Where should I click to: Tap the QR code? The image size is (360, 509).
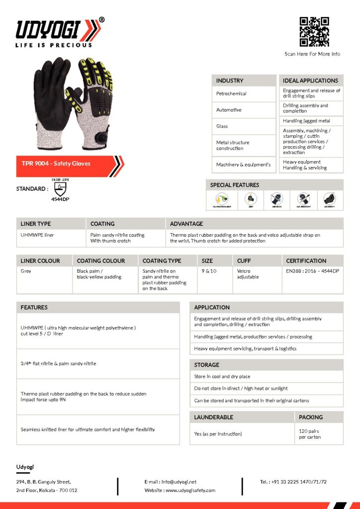coord(314,32)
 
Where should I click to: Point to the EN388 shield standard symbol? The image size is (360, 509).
coord(60,189)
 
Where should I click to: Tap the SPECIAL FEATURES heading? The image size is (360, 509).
coord(235,185)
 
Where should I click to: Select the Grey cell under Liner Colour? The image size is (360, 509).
coord(26,271)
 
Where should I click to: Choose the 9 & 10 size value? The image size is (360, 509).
coord(209,271)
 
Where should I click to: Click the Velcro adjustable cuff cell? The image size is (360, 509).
coord(248,274)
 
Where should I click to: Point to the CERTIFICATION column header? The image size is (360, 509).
coord(306,260)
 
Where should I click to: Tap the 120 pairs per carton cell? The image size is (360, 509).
coord(310,434)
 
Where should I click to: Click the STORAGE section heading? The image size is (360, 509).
coord(207,365)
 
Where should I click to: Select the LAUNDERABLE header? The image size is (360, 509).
coord(214,417)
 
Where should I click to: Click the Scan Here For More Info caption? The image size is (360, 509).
coord(312,54)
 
